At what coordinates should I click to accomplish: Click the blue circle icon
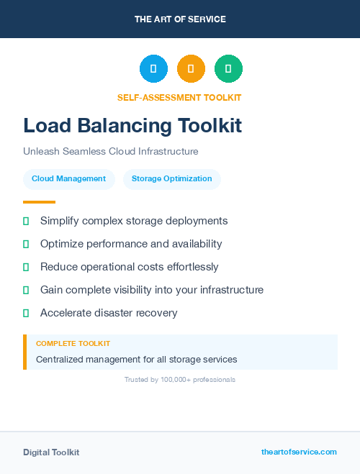click(x=153, y=69)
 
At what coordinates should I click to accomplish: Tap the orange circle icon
click(x=191, y=69)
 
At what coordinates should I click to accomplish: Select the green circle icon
click(x=228, y=69)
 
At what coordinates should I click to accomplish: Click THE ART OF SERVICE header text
click(x=180, y=19)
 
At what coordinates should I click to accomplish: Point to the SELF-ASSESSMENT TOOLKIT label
click(x=179, y=98)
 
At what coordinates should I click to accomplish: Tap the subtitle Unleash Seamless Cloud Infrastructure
click(x=110, y=152)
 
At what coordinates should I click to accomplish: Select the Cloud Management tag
click(x=68, y=179)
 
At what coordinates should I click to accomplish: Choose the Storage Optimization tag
click(x=171, y=179)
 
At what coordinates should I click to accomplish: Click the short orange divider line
click(x=39, y=202)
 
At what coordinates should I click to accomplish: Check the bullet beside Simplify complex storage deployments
click(x=26, y=221)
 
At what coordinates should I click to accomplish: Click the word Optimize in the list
click(x=62, y=244)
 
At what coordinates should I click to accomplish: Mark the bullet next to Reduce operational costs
click(x=26, y=267)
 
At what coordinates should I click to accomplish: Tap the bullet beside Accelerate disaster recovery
click(x=26, y=313)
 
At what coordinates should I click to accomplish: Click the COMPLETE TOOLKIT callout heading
click(x=73, y=344)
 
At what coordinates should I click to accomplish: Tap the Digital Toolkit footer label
click(x=51, y=452)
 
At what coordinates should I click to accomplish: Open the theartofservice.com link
click(x=299, y=452)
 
